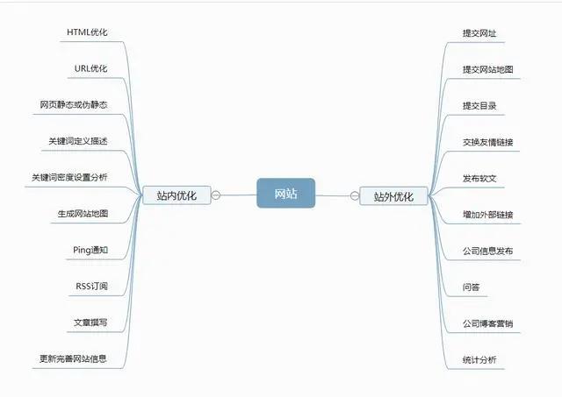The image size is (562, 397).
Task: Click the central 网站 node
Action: (285, 193)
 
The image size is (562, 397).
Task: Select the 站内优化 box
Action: (177, 195)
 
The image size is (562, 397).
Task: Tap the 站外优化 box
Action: (393, 195)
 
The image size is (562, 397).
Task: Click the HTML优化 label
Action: (88, 32)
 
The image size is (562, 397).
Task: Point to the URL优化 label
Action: (91, 68)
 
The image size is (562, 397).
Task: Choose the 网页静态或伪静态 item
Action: (73, 104)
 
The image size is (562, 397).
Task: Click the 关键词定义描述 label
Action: (78, 140)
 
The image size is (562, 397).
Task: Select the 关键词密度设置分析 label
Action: (69, 177)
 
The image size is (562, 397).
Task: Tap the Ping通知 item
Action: (90, 250)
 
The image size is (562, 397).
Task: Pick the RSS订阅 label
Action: (91, 286)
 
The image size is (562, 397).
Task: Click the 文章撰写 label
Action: (90, 323)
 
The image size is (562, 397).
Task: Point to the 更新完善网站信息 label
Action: (73, 358)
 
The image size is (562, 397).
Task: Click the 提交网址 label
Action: (479, 33)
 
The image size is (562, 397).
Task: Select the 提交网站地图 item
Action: (488, 69)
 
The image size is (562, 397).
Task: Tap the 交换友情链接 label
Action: (488, 142)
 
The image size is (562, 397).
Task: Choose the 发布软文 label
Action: (479, 178)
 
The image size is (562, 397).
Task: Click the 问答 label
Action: (471, 287)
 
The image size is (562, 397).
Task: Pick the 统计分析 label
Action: (479, 359)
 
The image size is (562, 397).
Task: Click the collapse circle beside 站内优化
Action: (216, 195)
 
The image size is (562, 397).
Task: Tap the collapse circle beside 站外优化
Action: (354, 195)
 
